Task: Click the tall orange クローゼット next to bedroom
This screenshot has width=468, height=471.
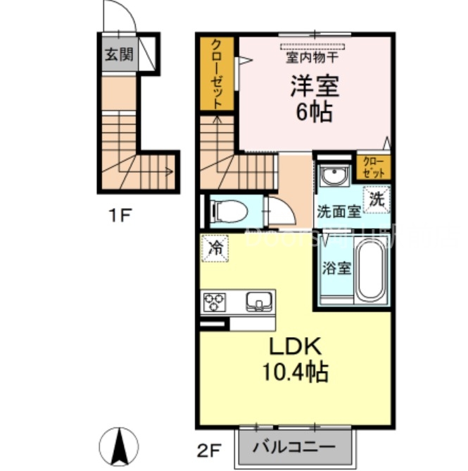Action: [x=217, y=73]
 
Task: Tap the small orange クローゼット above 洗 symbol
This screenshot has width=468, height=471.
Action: [x=374, y=167]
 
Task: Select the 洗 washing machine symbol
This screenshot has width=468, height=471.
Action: [x=376, y=199]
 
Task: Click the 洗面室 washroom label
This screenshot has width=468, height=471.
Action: [x=339, y=211]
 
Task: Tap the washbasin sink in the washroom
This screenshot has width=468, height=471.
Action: [x=333, y=175]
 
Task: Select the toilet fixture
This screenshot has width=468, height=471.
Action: [x=227, y=209]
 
